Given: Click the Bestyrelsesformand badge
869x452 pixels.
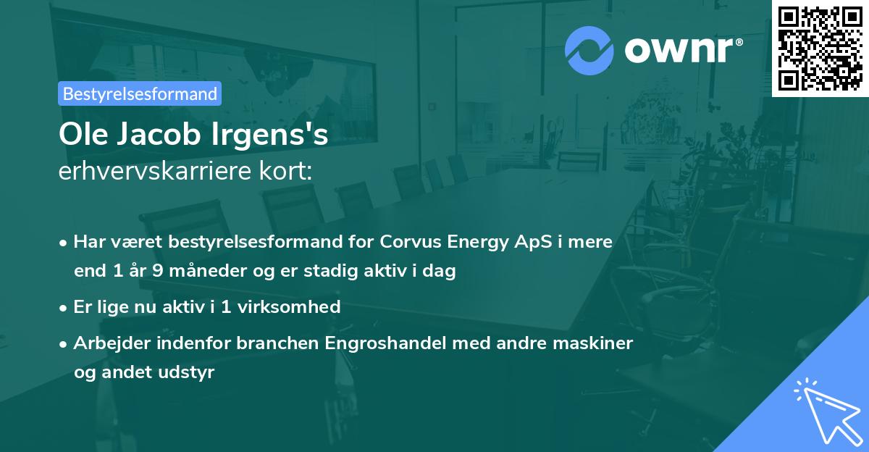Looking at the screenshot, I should (140, 93).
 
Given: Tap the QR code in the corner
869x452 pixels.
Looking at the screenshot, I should (819, 47).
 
